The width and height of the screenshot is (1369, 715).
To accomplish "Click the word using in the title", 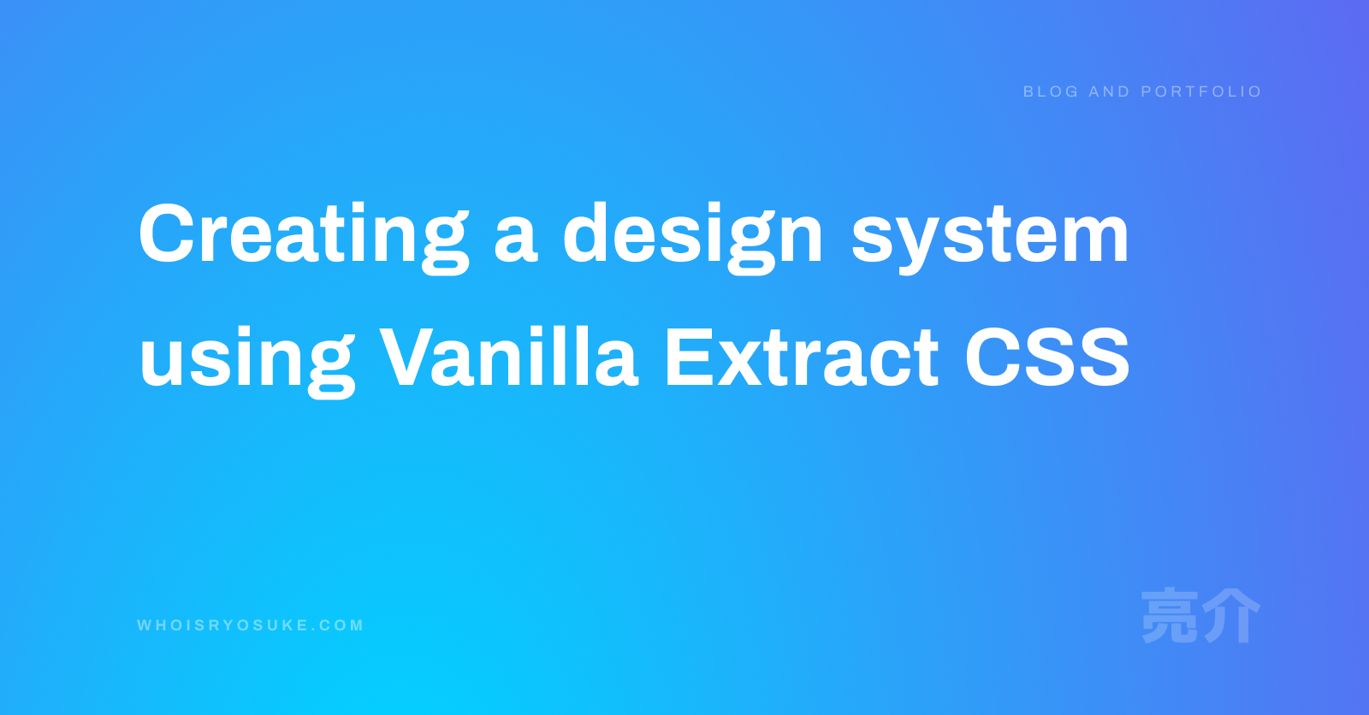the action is click(247, 362).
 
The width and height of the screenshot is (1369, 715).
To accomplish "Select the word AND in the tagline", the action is click(1109, 92).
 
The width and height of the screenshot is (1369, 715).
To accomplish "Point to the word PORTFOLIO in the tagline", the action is click(1201, 92).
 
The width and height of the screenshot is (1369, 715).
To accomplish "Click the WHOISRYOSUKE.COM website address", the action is click(251, 625).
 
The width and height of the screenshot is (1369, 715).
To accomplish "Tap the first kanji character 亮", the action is click(1170, 616).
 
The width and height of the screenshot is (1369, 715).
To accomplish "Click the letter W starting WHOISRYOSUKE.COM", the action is click(145, 625).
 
